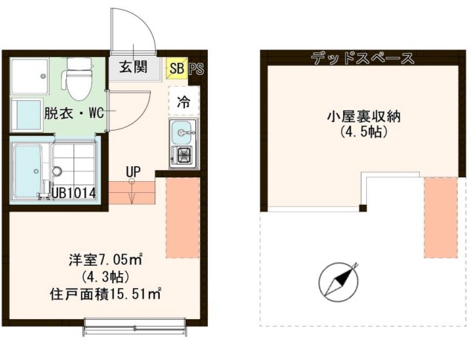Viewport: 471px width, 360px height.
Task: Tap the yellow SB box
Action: (x=177, y=69)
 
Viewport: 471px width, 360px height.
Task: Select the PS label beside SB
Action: (x=196, y=69)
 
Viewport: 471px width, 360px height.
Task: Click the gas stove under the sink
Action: (x=182, y=157)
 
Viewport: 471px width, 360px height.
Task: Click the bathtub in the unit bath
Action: (x=30, y=171)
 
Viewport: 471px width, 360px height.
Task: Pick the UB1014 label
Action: (x=77, y=193)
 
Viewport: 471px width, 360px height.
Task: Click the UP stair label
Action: (x=133, y=172)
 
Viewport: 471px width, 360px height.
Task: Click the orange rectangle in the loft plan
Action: (x=440, y=217)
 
